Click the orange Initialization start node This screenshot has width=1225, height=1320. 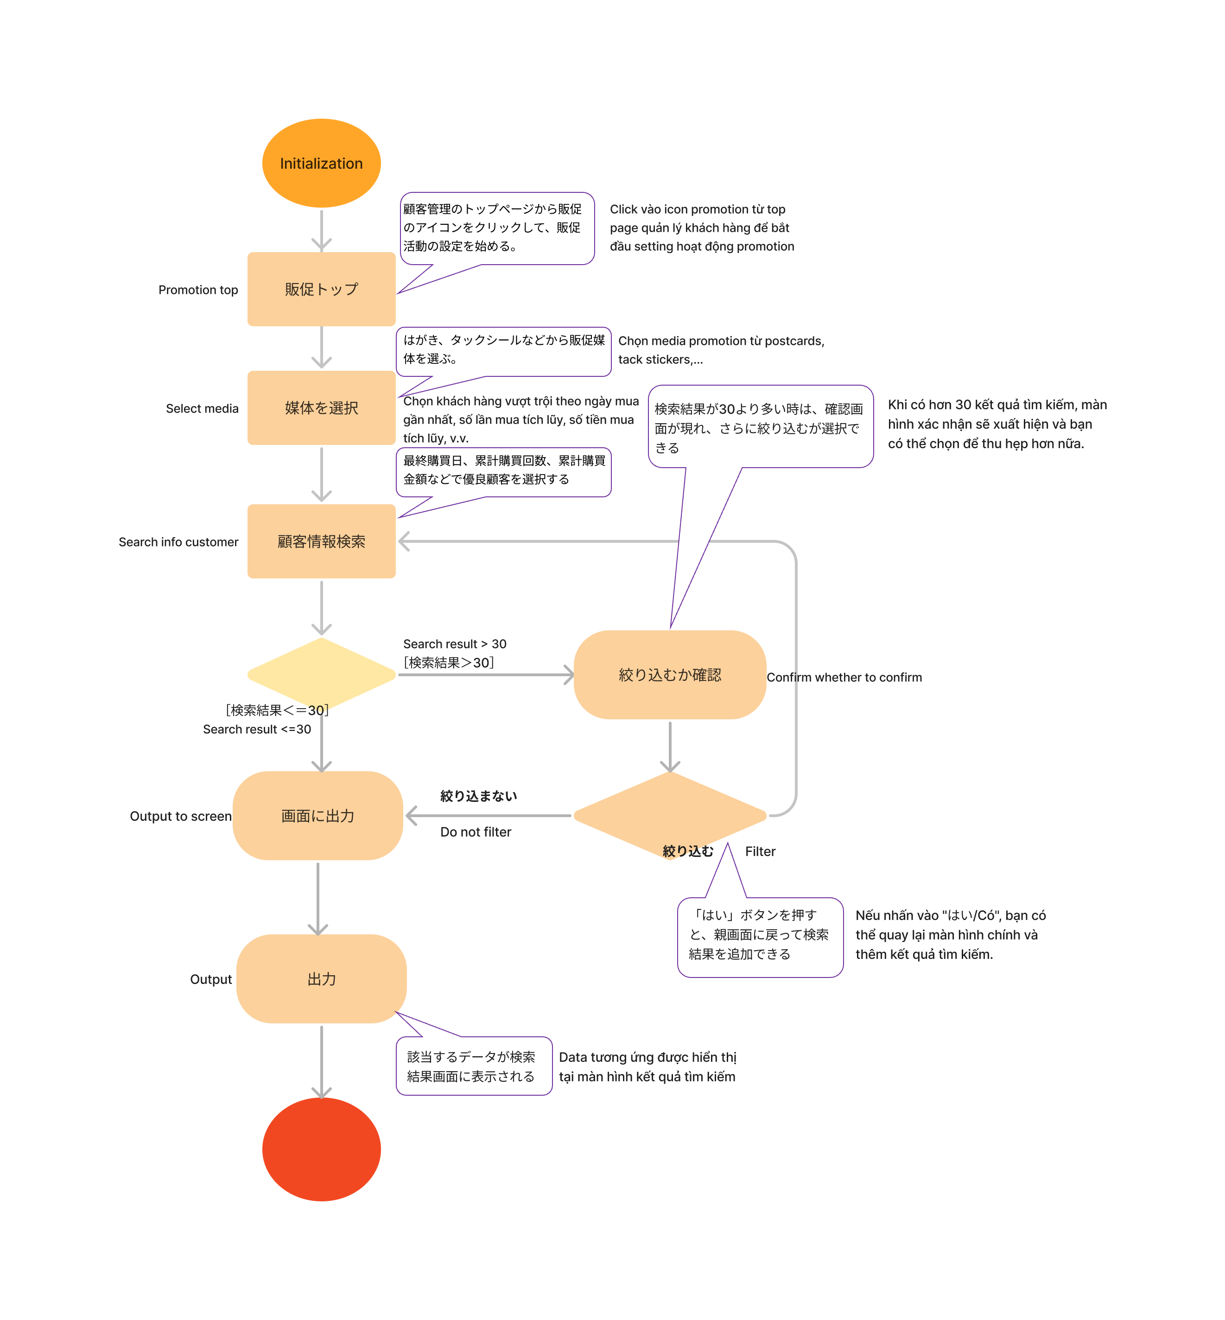[322, 163]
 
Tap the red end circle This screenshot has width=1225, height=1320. [322, 1149]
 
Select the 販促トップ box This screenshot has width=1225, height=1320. [322, 289]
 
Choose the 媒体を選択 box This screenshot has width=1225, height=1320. [322, 408]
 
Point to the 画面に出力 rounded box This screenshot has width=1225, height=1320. [317, 815]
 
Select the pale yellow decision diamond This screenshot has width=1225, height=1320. [322, 675]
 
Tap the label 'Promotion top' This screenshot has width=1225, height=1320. [198, 290]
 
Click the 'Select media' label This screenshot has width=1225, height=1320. [202, 408]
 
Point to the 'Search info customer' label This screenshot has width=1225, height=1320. [178, 542]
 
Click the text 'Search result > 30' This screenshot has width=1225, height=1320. [455, 644]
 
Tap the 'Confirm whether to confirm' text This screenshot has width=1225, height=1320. [844, 677]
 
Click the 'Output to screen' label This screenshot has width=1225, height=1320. [181, 816]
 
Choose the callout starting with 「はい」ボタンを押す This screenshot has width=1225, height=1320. [760, 937]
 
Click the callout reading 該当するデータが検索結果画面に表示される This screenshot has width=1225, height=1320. [474, 1066]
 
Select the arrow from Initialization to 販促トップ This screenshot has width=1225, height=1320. [322, 230]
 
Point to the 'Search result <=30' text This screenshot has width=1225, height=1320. [257, 729]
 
